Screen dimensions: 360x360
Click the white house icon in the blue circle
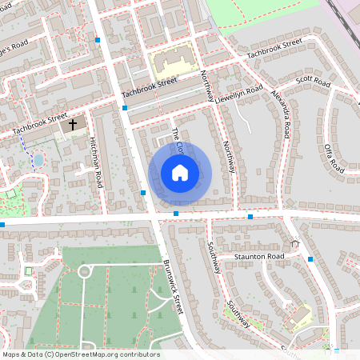pos(180,173)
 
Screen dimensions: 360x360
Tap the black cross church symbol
pos(73,125)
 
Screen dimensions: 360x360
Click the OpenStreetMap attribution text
pos(81,354)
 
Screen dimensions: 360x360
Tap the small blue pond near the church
pos(38,160)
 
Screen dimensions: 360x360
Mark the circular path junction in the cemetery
pos(85,272)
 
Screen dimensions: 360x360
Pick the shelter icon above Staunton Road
pos(294,242)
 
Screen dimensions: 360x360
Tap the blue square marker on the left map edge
pos(2,225)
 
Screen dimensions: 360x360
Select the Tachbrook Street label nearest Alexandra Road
pos(274,48)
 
